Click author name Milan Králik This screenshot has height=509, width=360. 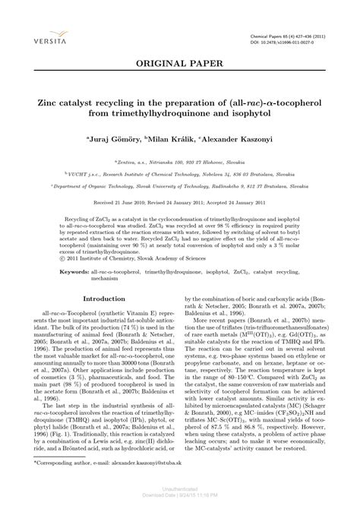coord(171,140)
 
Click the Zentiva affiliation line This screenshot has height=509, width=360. coord(180,162)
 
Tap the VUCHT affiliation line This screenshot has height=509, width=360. coord(180,174)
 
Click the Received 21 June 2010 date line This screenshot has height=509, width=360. coord(180,204)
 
